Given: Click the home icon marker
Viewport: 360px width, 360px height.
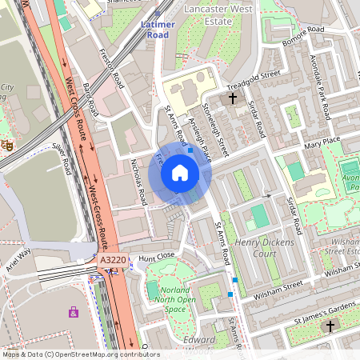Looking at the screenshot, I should tap(180, 173).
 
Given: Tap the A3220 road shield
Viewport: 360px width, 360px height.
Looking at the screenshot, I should tap(113, 260).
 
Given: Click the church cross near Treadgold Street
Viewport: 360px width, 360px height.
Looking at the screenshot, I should tap(233, 98).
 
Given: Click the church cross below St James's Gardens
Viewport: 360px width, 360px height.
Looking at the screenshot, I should tap(330, 326).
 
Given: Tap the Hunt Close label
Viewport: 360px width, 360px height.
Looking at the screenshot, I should tap(157, 257).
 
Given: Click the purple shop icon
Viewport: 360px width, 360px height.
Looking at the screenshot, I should tap(74, 312).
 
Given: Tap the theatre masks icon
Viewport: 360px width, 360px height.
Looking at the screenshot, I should tap(6, 144).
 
